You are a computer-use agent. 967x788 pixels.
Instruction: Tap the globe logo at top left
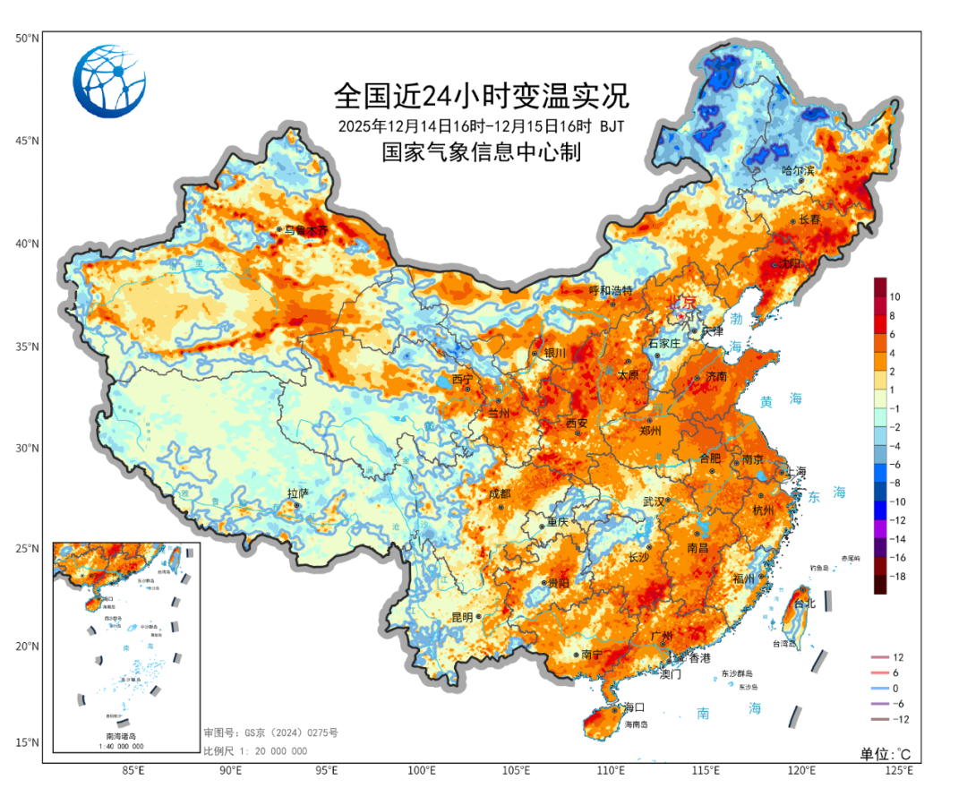(x=109, y=81)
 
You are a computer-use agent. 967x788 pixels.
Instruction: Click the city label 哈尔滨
(x=798, y=170)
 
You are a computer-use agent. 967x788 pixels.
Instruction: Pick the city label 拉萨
(x=297, y=493)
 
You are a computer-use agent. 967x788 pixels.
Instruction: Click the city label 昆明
(x=462, y=617)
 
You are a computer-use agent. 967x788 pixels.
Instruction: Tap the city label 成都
(x=500, y=493)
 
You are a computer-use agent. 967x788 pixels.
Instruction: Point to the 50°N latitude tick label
(x=27, y=39)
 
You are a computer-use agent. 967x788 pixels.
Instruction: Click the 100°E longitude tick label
(x=421, y=771)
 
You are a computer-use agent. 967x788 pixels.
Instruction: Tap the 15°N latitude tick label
(x=27, y=742)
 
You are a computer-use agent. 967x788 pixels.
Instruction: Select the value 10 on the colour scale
(x=894, y=296)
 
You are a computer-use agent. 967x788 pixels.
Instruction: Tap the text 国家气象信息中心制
(x=481, y=153)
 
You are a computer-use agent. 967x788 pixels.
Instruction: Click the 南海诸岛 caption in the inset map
(x=124, y=736)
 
